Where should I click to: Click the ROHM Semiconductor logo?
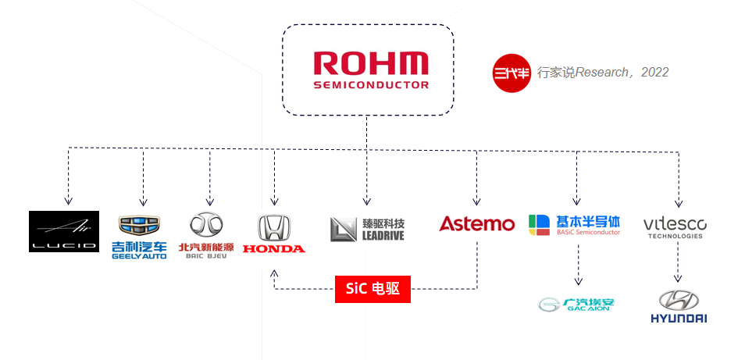(371, 70)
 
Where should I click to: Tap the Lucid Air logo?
(64, 231)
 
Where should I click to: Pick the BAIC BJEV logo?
(206, 236)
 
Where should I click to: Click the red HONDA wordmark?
(274, 248)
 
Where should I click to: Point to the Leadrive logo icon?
(343, 229)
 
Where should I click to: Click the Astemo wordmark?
(476, 223)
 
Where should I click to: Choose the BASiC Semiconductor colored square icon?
(539, 225)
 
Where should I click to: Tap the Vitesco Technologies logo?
(675, 228)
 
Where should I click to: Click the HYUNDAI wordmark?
(679, 318)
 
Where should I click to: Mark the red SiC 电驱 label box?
(372, 289)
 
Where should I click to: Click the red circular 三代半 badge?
(512, 73)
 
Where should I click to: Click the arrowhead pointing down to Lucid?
(69, 201)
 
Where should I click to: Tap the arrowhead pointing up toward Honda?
(274, 273)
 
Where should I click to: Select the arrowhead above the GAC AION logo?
(578, 281)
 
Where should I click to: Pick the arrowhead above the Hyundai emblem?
(678, 278)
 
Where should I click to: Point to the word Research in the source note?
(601, 72)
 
